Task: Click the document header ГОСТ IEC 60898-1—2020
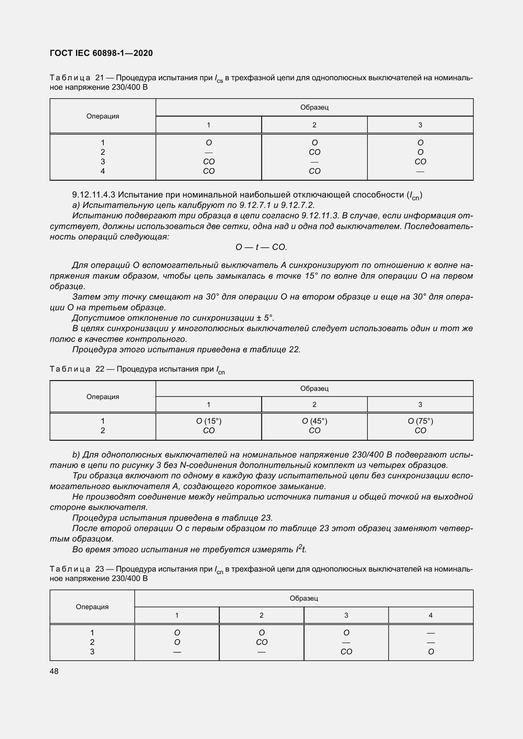pyautogui.click(x=101, y=53)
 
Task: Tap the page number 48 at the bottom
pyautogui.click(x=54, y=671)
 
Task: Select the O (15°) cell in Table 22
pyautogui.click(x=209, y=421)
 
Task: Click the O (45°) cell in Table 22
pyautogui.click(x=314, y=421)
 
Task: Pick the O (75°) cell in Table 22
pyautogui.click(x=420, y=421)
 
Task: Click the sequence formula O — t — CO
pyautogui.click(x=261, y=247)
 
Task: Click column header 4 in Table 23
pyautogui.click(x=431, y=615)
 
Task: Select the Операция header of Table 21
pyautogui.click(x=103, y=116)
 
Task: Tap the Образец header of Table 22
pyautogui.click(x=314, y=389)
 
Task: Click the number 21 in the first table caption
pyautogui.click(x=100, y=78)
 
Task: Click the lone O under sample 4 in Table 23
pyautogui.click(x=431, y=652)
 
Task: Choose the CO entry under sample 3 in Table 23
pyautogui.click(x=346, y=652)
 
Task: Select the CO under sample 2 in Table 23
pyautogui.click(x=261, y=642)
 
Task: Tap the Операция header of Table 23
pyautogui.click(x=92, y=607)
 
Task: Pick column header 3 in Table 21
pyautogui.click(x=420, y=125)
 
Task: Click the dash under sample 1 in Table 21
pyautogui.click(x=209, y=152)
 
